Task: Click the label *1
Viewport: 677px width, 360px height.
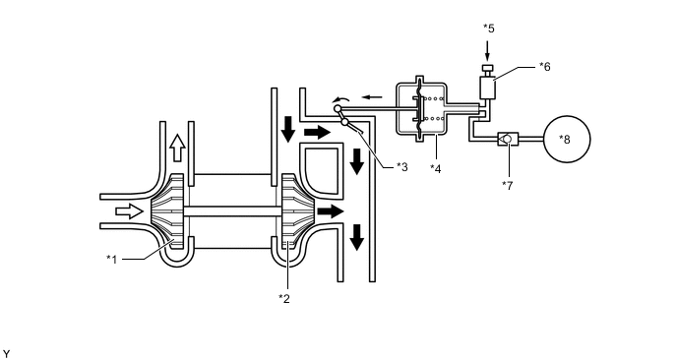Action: point(114,259)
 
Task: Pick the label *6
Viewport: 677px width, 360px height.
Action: point(544,66)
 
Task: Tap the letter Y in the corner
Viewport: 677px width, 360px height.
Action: point(7,351)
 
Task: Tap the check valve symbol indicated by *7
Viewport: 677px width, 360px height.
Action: point(507,140)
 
